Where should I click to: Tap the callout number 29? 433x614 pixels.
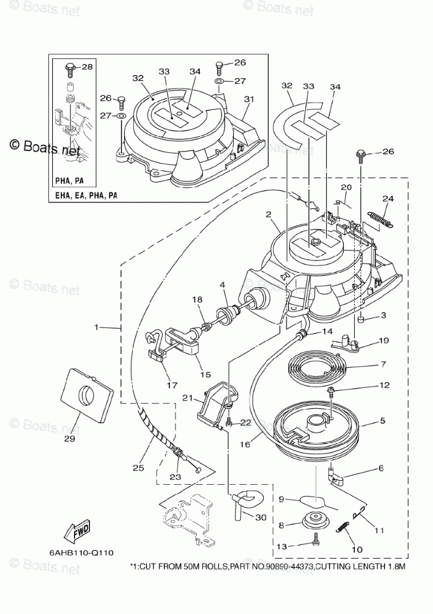69,439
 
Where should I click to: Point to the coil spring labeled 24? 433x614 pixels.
382,219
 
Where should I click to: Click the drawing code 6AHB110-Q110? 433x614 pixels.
81,552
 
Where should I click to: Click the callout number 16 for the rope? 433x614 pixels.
245,444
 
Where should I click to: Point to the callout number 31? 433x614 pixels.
249,99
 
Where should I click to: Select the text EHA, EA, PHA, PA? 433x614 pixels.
86,195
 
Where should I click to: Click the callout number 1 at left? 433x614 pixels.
97,327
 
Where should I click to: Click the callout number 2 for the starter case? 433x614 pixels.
268,214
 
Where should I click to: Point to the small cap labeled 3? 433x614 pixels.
362,319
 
